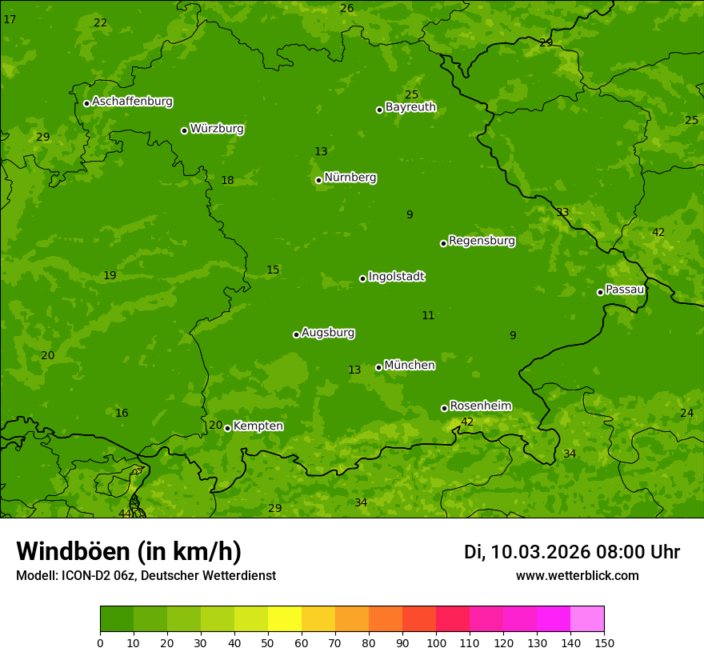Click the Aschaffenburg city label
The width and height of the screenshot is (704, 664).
132,102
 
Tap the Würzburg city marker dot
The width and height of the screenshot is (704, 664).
184,130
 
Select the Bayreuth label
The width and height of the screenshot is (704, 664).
410,107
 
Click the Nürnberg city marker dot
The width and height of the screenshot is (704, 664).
318,180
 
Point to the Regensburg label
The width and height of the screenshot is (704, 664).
482,241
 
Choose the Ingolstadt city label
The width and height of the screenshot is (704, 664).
396,277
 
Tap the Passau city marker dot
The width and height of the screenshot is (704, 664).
600,292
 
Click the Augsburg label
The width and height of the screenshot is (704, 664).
328,333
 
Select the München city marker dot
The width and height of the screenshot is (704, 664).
378,368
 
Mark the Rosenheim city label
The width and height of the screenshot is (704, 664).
480,406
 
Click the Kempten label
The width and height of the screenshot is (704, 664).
258,426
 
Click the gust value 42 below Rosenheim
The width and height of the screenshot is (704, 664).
467,422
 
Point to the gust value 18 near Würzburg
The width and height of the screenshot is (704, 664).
227,180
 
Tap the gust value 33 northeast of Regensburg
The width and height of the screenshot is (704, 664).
562,212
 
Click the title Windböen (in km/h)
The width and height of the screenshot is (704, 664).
129,551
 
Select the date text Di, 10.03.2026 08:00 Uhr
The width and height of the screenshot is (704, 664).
571,552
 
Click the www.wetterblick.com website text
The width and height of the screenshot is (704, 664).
577,576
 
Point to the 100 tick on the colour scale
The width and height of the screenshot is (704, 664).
436,643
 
